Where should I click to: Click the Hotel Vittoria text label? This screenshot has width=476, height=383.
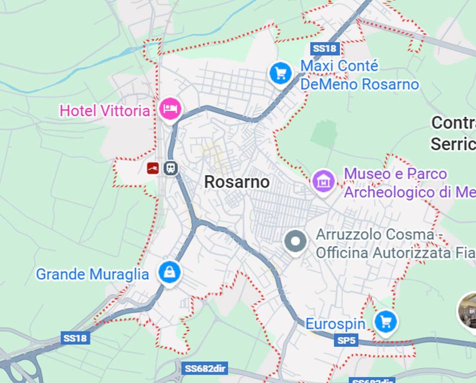(104, 110)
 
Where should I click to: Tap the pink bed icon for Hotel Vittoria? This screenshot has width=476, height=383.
(170, 108)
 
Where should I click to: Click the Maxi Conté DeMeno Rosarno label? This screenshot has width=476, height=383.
(359, 75)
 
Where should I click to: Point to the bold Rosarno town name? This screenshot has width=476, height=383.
(237, 182)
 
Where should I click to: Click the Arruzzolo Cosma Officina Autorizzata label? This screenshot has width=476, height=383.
(395, 243)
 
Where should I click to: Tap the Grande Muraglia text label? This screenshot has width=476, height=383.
(92, 274)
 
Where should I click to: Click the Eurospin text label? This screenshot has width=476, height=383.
(335, 324)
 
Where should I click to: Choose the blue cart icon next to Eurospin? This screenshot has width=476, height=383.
(385, 322)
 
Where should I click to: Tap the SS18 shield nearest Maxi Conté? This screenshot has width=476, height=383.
(325, 48)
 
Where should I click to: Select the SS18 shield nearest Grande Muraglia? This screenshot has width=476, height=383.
(75, 338)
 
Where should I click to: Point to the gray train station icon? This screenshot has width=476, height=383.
(171, 168)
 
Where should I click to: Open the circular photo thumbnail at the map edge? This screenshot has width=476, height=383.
(469, 311)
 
